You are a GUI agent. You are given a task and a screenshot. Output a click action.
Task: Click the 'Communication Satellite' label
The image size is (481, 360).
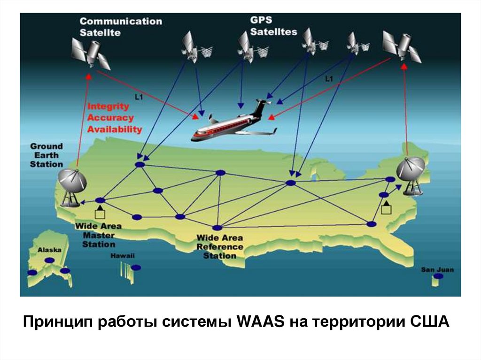pyautogui.click(x=120, y=27)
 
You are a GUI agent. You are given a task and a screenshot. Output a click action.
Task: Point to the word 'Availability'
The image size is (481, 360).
pyautogui.click(x=115, y=129)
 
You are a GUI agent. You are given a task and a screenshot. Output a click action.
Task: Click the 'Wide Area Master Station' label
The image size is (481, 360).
pyautogui.click(x=98, y=235)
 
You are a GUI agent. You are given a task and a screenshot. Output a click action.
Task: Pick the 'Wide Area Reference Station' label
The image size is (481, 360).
pyautogui.click(x=219, y=247)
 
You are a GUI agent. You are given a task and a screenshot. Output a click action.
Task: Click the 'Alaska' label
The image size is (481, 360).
pyautogui.click(x=49, y=250)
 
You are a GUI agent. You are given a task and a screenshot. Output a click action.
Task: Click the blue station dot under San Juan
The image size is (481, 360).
pyautogui.click(x=438, y=276)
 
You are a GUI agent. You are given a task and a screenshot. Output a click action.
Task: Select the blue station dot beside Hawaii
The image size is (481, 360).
pyautogui.click(x=136, y=268)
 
